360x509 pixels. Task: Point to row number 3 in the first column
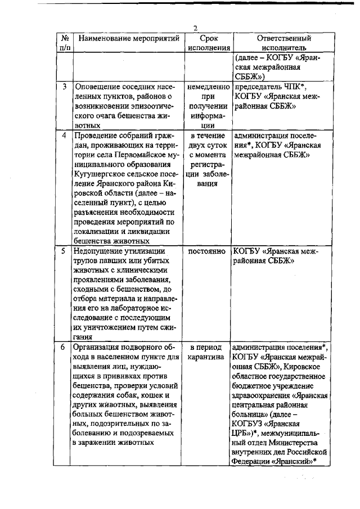pos(65,87)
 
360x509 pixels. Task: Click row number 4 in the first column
pos(65,136)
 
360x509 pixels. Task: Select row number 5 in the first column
pos(65,251)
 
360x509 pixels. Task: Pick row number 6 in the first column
pos(65,346)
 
